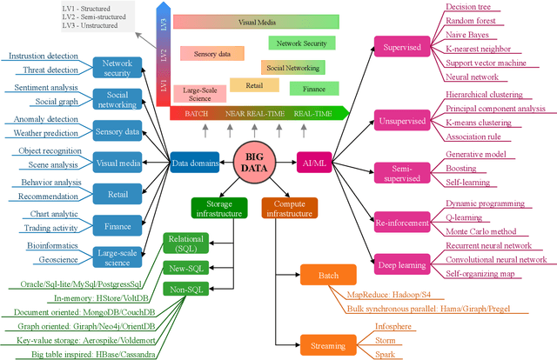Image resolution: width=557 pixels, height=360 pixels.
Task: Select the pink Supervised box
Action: click(398, 48)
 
